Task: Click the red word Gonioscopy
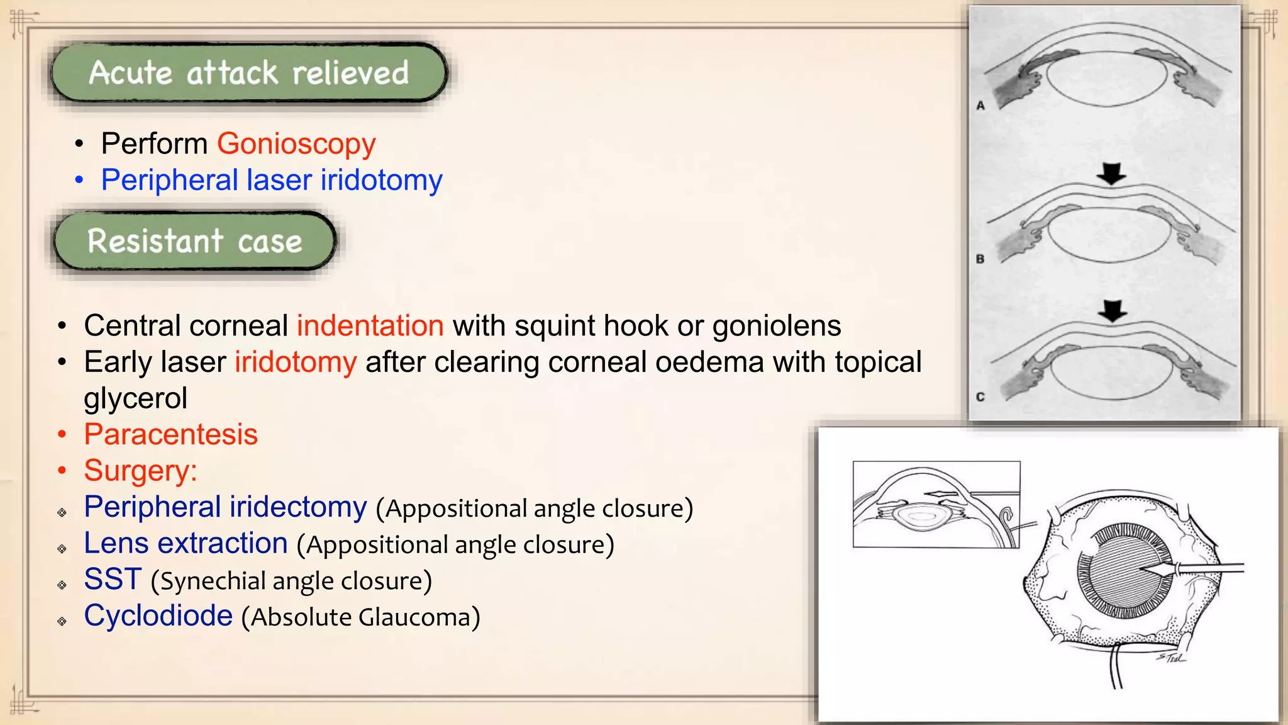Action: coord(296,144)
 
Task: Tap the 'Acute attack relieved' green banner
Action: coord(249,73)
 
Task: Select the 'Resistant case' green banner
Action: coord(195,241)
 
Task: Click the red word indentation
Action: coord(370,326)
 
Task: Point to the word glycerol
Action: coord(136,398)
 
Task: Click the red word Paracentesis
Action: coord(171,435)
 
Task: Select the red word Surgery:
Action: coord(141,471)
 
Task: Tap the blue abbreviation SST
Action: coord(113,580)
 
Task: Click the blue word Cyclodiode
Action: coord(158,616)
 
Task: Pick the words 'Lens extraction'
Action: coord(186,544)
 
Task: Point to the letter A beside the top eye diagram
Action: coord(980,106)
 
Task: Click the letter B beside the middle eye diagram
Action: coord(980,259)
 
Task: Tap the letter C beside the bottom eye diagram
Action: coord(980,397)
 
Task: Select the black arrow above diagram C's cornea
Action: coord(1113,310)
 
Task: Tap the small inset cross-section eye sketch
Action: coord(936,505)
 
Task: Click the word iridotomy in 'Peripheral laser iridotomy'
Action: coord(382,181)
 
